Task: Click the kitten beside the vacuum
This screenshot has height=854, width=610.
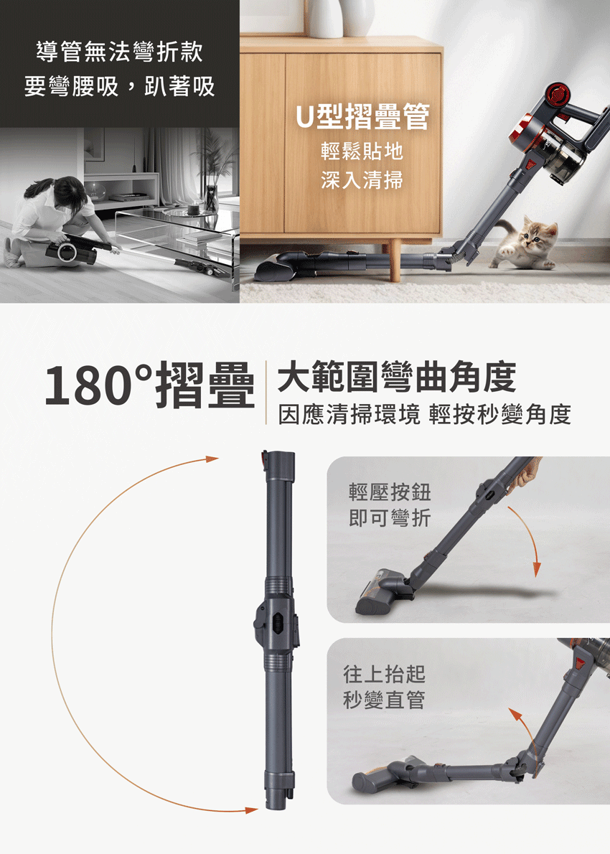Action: [x=525, y=243]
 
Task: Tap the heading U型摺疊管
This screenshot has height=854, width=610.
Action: [x=362, y=116]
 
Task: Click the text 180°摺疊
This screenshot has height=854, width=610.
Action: [x=150, y=385]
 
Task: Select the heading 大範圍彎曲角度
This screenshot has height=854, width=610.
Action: [x=396, y=377]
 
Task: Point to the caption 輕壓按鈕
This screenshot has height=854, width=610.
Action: [x=390, y=492]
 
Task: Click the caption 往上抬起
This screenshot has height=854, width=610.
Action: [x=384, y=674]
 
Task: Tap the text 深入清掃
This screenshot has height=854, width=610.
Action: [x=362, y=179]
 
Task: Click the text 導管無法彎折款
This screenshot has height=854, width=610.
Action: [x=119, y=52]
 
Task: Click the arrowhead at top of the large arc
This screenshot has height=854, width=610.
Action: [x=212, y=459]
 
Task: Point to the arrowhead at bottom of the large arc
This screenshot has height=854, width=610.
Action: [x=251, y=810]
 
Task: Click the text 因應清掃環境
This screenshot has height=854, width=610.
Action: [x=349, y=415]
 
